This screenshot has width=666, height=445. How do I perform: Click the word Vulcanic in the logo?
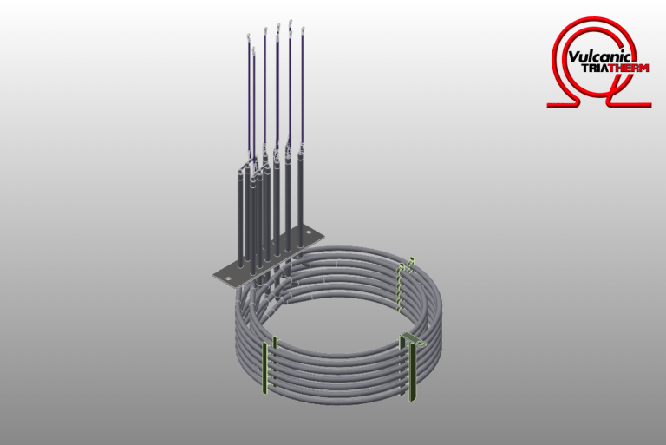click(602, 57)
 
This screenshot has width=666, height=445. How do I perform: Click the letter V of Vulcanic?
click(573, 57)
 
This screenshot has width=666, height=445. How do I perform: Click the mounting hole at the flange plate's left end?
click(228, 278)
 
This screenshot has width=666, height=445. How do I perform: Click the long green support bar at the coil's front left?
click(265, 368)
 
